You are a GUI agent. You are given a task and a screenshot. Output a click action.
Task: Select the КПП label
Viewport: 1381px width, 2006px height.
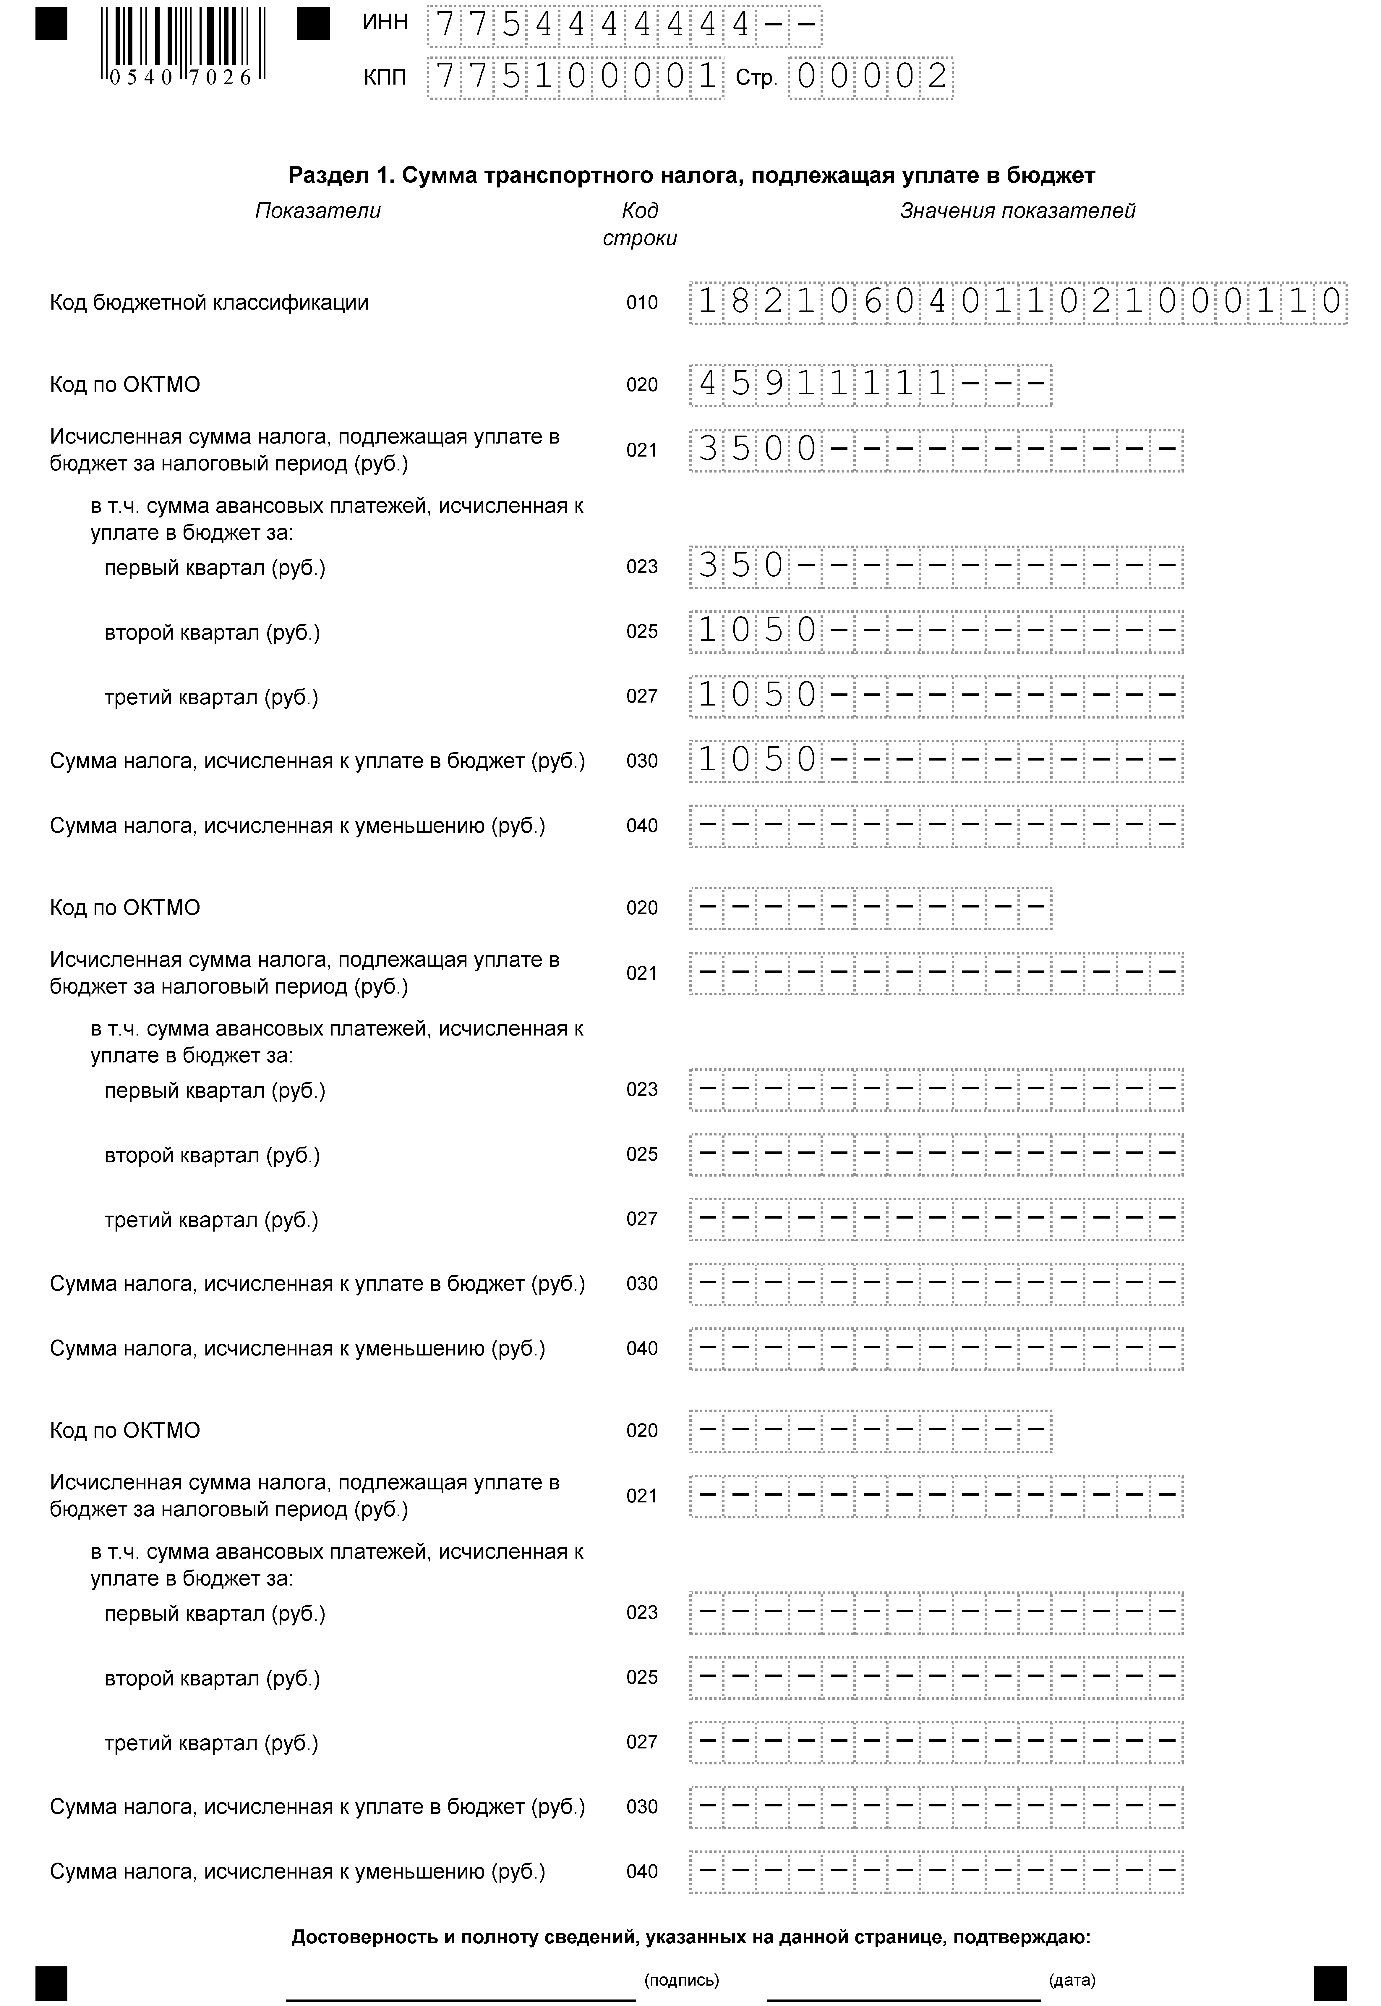(385, 78)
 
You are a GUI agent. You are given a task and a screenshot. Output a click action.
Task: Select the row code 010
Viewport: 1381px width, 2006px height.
(642, 303)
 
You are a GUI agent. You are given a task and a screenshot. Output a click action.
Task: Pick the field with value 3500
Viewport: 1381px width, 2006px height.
(936, 450)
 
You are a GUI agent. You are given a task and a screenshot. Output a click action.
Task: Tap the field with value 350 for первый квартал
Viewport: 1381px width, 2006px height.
(936, 567)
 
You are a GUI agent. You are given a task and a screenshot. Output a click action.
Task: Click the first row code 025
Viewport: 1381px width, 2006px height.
(642, 632)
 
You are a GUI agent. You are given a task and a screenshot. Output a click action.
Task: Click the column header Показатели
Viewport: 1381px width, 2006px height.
(317, 211)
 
